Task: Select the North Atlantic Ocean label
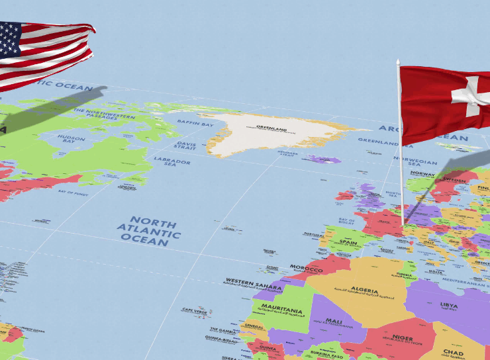point(148,231)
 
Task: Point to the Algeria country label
point(364,291)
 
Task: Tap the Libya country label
point(449,306)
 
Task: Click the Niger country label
point(402,337)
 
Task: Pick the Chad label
point(454,353)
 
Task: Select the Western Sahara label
point(254,283)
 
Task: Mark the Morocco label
point(306,269)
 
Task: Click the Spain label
point(348,243)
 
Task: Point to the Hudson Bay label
point(72,140)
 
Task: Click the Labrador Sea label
point(172,161)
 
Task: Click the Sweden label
point(454,179)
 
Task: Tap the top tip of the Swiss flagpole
point(398,61)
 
